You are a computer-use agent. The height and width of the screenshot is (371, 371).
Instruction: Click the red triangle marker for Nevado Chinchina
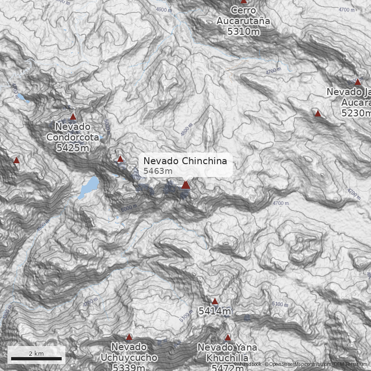click(186, 185)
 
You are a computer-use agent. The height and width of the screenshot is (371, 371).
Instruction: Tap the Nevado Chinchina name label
click(185, 161)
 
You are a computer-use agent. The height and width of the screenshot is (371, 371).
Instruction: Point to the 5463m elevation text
click(158, 171)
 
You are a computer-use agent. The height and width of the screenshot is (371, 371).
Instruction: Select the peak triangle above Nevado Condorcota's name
click(73, 116)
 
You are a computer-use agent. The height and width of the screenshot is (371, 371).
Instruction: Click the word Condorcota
click(73, 137)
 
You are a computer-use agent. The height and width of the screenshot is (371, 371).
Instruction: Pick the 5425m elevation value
click(73, 148)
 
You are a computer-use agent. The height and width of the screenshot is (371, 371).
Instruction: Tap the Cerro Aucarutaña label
click(243, 15)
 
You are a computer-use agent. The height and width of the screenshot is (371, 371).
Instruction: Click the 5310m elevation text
click(243, 32)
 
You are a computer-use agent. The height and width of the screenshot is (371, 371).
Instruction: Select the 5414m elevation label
click(215, 312)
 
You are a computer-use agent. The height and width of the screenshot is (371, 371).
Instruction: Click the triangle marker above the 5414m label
click(215, 301)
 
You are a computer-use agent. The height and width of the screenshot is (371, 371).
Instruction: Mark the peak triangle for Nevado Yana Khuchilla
click(228, 338)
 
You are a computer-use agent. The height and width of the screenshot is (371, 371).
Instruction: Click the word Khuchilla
click(228, 358)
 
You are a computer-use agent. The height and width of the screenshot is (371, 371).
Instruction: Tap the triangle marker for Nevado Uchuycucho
click(129, 337)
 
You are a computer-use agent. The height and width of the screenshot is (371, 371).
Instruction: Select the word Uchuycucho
click(129, 358)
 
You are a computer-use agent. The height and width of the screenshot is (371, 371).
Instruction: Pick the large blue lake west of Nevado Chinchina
click(89, 186)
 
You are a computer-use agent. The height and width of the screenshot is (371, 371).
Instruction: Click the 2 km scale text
click(36, 353)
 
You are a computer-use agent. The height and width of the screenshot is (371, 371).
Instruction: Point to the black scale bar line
click(36, 358)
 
